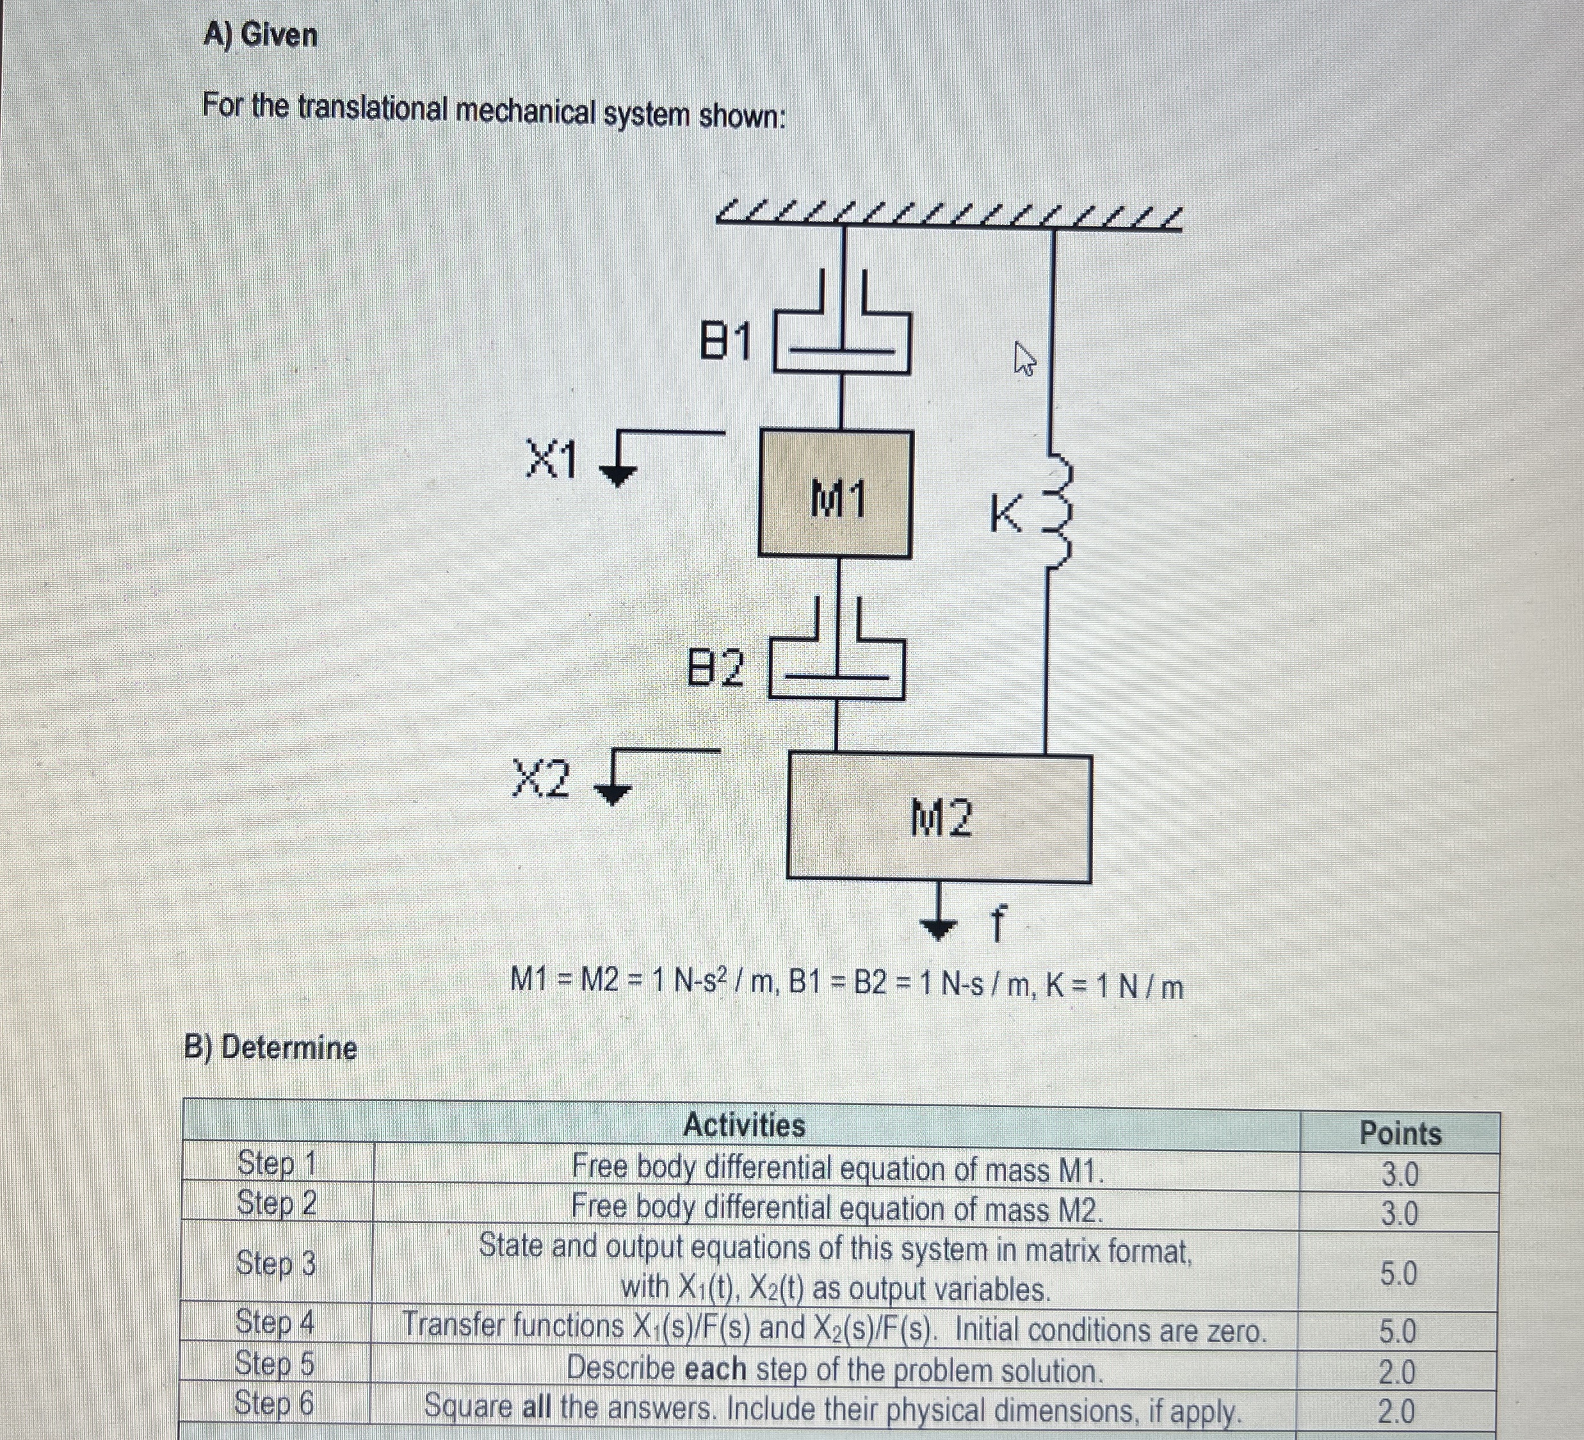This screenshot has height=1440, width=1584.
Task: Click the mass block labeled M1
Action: (834, 495)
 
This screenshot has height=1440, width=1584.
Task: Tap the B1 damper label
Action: (726, 342)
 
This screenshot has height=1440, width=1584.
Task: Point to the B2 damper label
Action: (715, 668)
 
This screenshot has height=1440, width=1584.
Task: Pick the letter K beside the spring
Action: (1006, 516)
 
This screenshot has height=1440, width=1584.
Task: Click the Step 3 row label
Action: (276, 1264)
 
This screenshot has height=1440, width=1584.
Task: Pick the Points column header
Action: (1400, 1133)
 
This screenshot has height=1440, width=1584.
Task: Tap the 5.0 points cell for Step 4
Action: (1398, 1330)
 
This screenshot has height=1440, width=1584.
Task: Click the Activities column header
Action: (743, 1125)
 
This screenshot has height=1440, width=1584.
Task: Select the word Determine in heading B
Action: (289, 1048)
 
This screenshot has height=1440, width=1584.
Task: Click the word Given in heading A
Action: (279, 35)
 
